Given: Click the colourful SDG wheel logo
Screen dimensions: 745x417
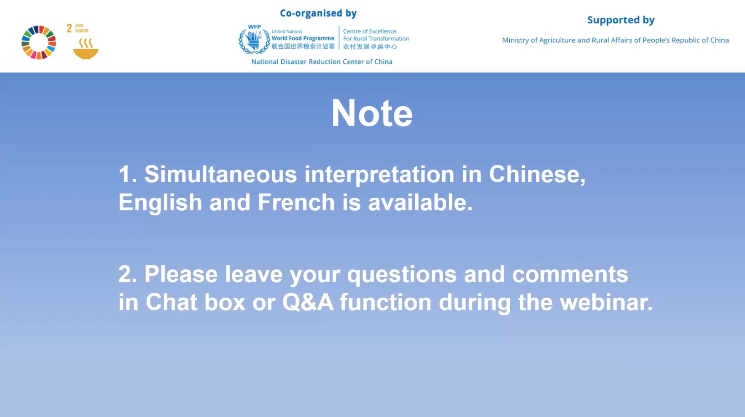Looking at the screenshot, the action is coord(39,42).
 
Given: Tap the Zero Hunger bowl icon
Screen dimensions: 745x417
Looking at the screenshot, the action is coord(85,49).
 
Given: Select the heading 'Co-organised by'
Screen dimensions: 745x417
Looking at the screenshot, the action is coord(318,13).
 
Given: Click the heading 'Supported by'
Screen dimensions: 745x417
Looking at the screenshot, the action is coord(621,21).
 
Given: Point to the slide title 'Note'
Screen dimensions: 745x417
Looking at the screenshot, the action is coord(372,113).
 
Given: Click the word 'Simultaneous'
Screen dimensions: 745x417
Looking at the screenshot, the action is coord(221,174).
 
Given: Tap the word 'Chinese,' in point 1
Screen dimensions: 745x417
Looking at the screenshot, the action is coord(537,174).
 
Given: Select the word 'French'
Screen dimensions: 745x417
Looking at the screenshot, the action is coord(296,202).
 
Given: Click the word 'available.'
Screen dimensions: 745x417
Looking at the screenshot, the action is coord(420,202).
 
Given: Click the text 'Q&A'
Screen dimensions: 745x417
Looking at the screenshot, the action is coord(308,302).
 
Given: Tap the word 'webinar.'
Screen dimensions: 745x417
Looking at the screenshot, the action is coord(606,302).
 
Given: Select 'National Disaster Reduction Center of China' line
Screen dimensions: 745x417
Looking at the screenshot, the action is coord(322,62).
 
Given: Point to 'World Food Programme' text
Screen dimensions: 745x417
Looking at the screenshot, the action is coord(303,38).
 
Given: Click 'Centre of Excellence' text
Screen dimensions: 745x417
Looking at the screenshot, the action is coord(369,31).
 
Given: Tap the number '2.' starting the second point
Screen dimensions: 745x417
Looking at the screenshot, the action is coord(128,274).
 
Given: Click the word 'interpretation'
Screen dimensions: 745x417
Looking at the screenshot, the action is coord(379,175).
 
